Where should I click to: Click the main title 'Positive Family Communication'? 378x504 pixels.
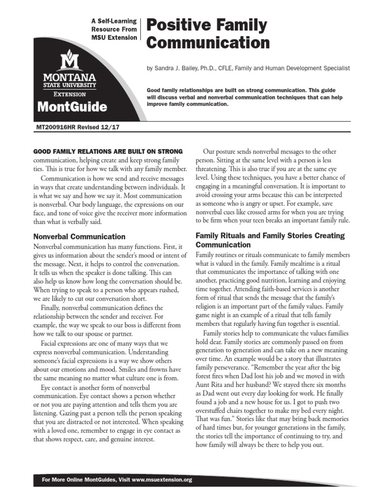click(207, 33)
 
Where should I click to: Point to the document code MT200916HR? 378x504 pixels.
click(57, 127)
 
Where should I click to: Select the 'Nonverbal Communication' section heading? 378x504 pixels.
click(79, 236)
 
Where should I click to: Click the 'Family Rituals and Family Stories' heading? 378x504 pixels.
click(270, 236)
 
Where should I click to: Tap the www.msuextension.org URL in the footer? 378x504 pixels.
click(162, 480)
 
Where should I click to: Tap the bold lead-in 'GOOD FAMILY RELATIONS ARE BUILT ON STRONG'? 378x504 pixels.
click(108, 151)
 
